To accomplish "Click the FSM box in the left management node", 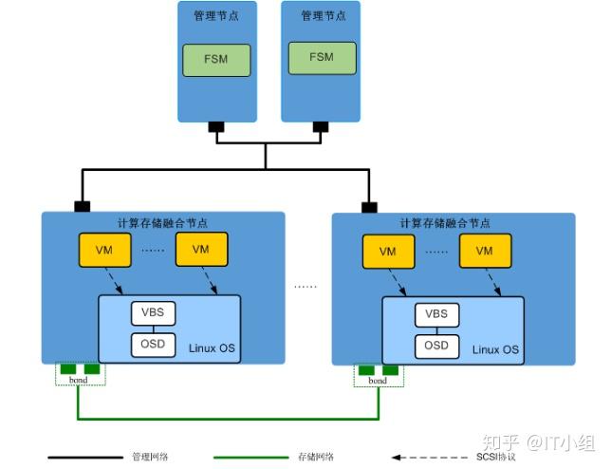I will point(216,60).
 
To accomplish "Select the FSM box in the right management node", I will point(322,58).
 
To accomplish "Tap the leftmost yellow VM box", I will point(104,250).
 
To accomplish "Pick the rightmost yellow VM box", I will point(484,252).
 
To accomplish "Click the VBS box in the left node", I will point(152,312).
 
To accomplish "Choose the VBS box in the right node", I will point(435,314).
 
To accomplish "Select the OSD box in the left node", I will point(152,344).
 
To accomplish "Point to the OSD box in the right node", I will point(435,346).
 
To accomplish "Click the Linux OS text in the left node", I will point(213,348).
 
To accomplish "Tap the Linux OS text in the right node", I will point(496,349).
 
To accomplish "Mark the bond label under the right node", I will point(377,380).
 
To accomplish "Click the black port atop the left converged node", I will point(83,206).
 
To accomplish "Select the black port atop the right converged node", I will point(368,206).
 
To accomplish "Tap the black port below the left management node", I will point(216,126).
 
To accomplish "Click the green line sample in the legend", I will point(254,458).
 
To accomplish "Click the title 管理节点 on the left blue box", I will point(217,16).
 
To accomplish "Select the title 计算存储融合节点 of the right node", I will point(445,224).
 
